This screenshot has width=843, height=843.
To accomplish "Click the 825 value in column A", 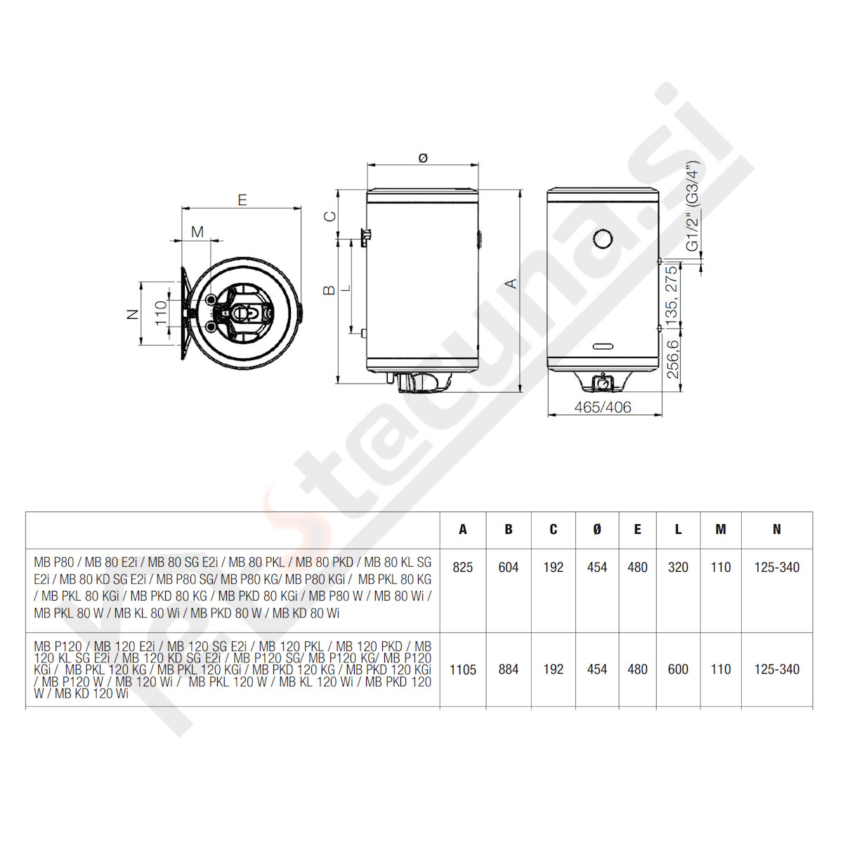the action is (x=462, y=568).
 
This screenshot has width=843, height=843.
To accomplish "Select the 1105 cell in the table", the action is (x=462, y=669).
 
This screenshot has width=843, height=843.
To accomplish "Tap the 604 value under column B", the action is (x=509, y=568).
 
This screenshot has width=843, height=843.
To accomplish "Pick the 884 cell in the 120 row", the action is (x=509, y=669).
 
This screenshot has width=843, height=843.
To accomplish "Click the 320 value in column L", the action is (x=678, y=568).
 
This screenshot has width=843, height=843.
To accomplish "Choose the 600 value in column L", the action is (x=678, y=669).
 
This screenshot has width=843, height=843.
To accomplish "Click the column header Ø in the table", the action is (x=596, y=530).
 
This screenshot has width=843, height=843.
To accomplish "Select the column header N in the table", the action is (x=776, y=530).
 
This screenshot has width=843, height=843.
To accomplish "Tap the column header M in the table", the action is (x=721, y=530).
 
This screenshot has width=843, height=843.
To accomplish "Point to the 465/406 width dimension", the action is (x=602, y=407).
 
